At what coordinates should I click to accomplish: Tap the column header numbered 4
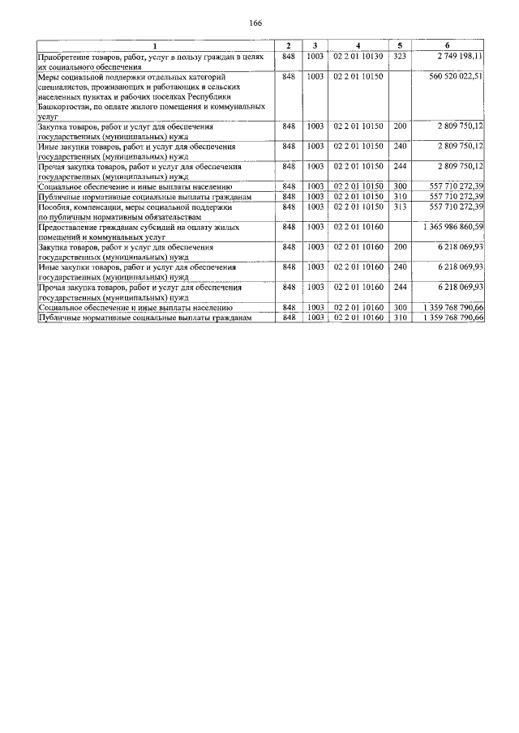coord(358,45)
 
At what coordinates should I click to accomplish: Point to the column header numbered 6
coord(447,45)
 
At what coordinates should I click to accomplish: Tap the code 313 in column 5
coord(399,206)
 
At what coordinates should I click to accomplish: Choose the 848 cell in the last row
coord(288,317)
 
